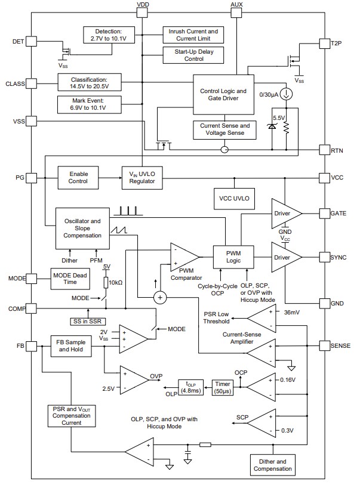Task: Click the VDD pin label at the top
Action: [x=143, y=4]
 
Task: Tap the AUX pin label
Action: [x=236, y=4]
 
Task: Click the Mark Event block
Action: [x=89, y=104]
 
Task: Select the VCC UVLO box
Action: [x=233, y=198]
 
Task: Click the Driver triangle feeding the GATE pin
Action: [x=284, y=213]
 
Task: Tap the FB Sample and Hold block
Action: [x=71, y=346]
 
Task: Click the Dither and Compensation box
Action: [x=272, y=465]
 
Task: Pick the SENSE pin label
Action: [x=340, y=345]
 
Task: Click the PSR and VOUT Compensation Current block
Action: [x=70, y=415]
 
